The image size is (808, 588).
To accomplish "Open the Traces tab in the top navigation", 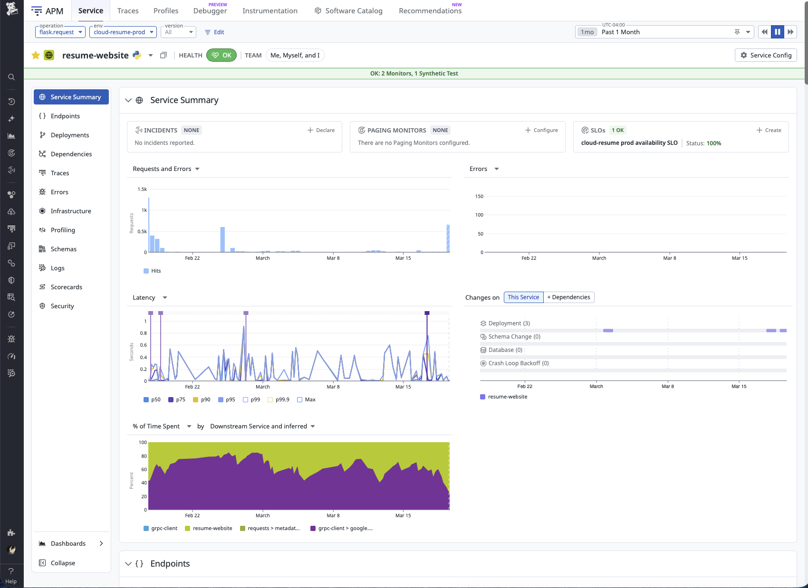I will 128,10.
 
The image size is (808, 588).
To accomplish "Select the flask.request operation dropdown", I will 60,32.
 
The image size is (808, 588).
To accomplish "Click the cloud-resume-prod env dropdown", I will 123,32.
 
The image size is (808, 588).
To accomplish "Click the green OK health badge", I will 221,55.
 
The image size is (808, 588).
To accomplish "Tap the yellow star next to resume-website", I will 36,55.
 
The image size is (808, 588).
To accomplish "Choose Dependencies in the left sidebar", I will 71,154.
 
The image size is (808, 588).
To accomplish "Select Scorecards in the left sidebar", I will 66,287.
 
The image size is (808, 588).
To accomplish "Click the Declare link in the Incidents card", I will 321,130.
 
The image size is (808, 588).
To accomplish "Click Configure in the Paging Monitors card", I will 542,130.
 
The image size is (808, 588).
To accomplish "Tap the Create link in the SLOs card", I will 769,130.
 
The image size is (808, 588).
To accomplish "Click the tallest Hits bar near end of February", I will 222,240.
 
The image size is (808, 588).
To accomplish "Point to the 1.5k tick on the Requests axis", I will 142,189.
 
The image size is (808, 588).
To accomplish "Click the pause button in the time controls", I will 778,32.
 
